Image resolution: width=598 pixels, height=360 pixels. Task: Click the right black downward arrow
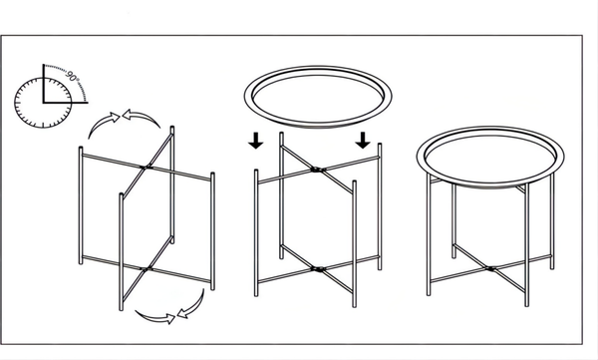click(x=363, y=139)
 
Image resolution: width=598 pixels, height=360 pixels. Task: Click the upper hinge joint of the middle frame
click(x=316, y=171)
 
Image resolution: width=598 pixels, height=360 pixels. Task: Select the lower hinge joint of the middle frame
click(x=317, y=267)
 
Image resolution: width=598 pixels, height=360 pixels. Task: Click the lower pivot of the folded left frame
click(x=147, y=266)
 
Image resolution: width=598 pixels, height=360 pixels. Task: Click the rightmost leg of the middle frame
click(x=380, y=213)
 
